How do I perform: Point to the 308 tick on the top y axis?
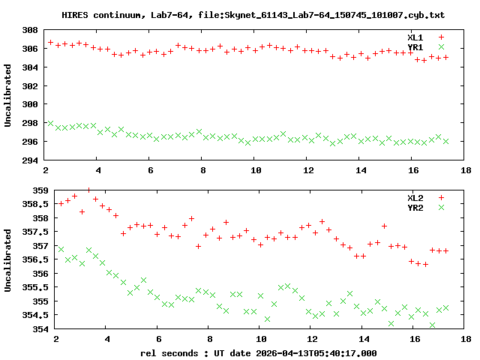(30, 31)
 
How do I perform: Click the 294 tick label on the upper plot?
(30, 160)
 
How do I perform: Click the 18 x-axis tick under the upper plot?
(466, 171)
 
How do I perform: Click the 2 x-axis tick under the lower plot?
(55, 339)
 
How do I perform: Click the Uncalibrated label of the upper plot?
(9, 96)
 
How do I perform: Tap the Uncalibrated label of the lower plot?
(9, 259)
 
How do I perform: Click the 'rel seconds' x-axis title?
(169, 352)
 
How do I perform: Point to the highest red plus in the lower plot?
(88, 190)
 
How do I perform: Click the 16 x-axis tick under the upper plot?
(414, 171)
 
